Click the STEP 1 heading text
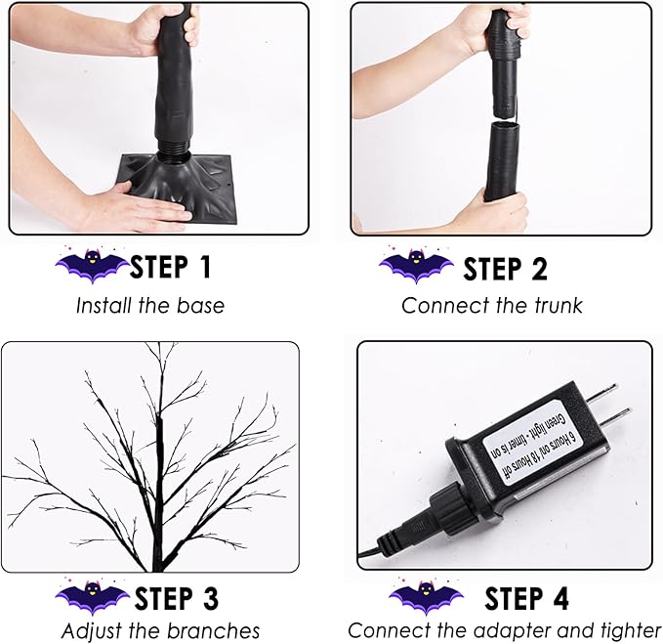coord(170,266)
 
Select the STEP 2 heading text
coord(505,267)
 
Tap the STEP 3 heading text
coord(176,597)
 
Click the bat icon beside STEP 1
coord(93,265)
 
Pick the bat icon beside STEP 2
coord(416,266)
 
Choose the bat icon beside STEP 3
coord(93,597)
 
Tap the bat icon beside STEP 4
coord(426,597)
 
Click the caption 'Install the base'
coord(150,305)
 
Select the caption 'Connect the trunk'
coord(491,305)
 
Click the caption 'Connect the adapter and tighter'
coord(505,630)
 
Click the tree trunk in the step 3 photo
coord(158,489)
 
